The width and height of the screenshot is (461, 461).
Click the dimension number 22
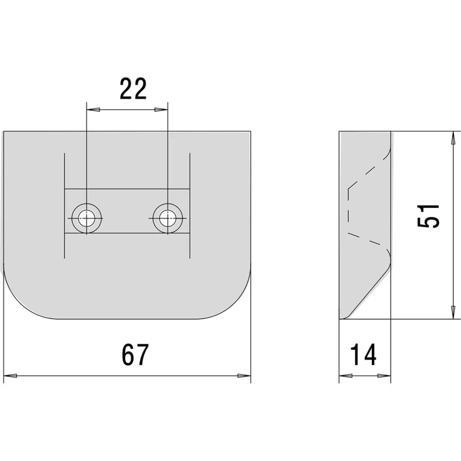tap(133, 89)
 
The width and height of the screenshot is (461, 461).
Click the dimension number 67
tap(135, 355)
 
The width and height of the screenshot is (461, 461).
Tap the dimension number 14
tap(363, 355)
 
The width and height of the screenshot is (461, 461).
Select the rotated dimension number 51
tap(428, 216)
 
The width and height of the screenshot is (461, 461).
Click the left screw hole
tap(86, 219)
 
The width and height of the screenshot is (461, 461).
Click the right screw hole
tap(168, 219)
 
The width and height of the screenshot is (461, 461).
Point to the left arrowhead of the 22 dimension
tap(93, 110)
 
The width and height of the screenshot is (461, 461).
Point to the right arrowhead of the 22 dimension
tap(161, 110)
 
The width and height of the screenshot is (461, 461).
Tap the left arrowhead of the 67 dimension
tap(10, 376)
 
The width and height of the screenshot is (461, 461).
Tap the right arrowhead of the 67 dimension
tap(244, 376)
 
